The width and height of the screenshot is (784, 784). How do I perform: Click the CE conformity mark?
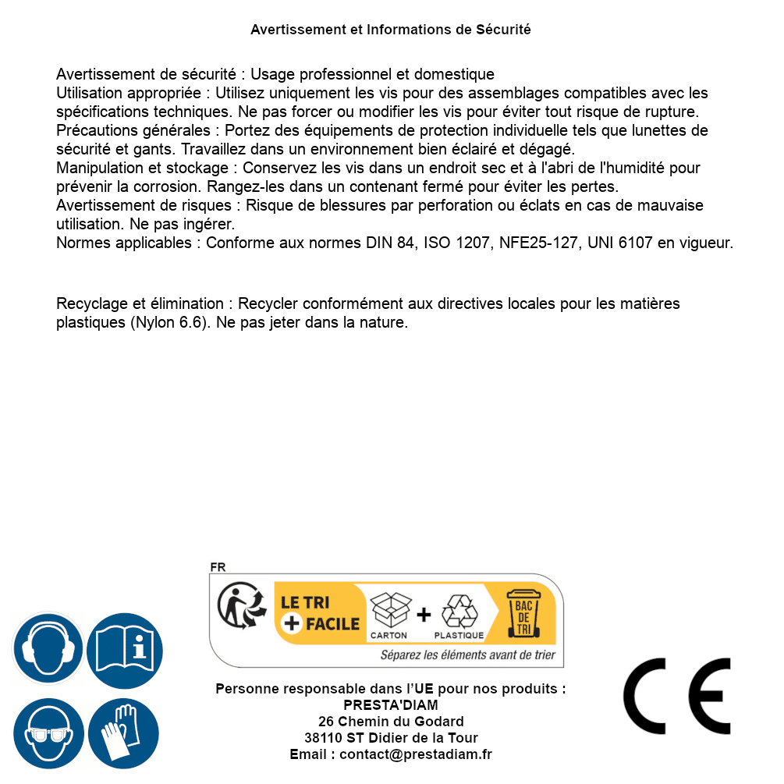point(677,697)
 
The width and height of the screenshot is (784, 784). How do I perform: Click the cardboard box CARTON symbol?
point(389,612)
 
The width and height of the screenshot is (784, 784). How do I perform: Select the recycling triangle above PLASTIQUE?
point(459,612)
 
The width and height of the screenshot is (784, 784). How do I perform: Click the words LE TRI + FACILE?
point(320,612)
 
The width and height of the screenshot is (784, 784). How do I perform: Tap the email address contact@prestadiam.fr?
point(416,754)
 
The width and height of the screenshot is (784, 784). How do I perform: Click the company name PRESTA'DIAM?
point(391,705)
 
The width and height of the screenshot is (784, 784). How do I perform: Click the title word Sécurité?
point(503,30)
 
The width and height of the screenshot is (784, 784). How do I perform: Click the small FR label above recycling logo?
point(218,567)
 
